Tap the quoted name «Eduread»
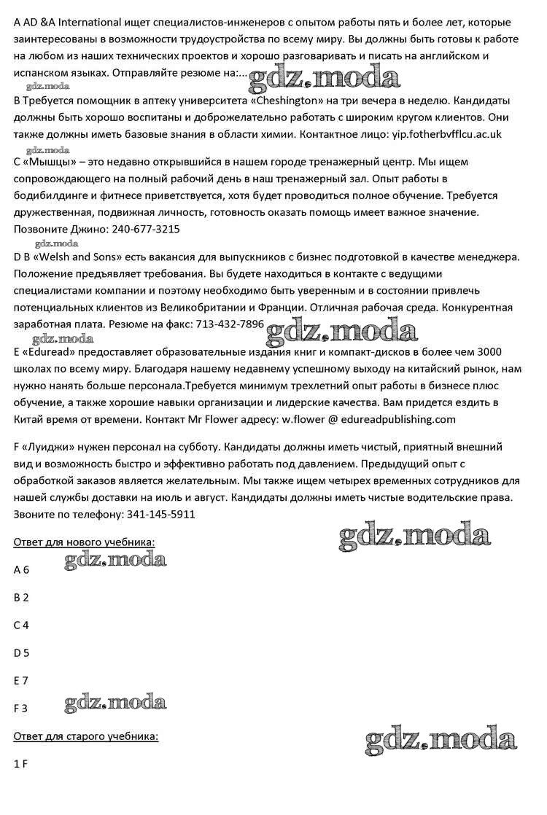coord(45,351)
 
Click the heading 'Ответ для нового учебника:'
coord(85,542)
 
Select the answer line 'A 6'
coord(21,570)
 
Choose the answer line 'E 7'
coord(21,680)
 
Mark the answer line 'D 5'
coord(21,652)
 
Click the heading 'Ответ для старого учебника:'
coord(86,736)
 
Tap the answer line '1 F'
coord(20,764)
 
